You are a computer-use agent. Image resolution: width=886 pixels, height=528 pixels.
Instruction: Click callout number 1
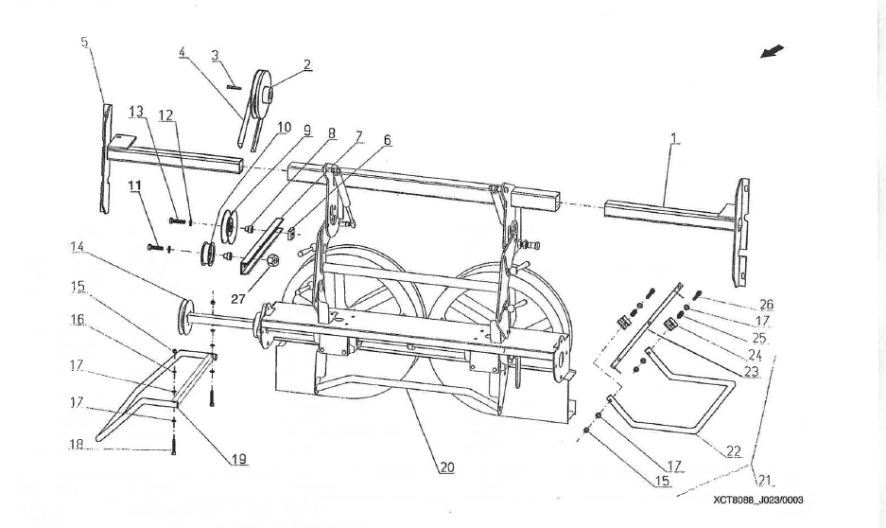(672, 138)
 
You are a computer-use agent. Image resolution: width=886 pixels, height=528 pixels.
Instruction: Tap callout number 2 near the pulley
(307, 64)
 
